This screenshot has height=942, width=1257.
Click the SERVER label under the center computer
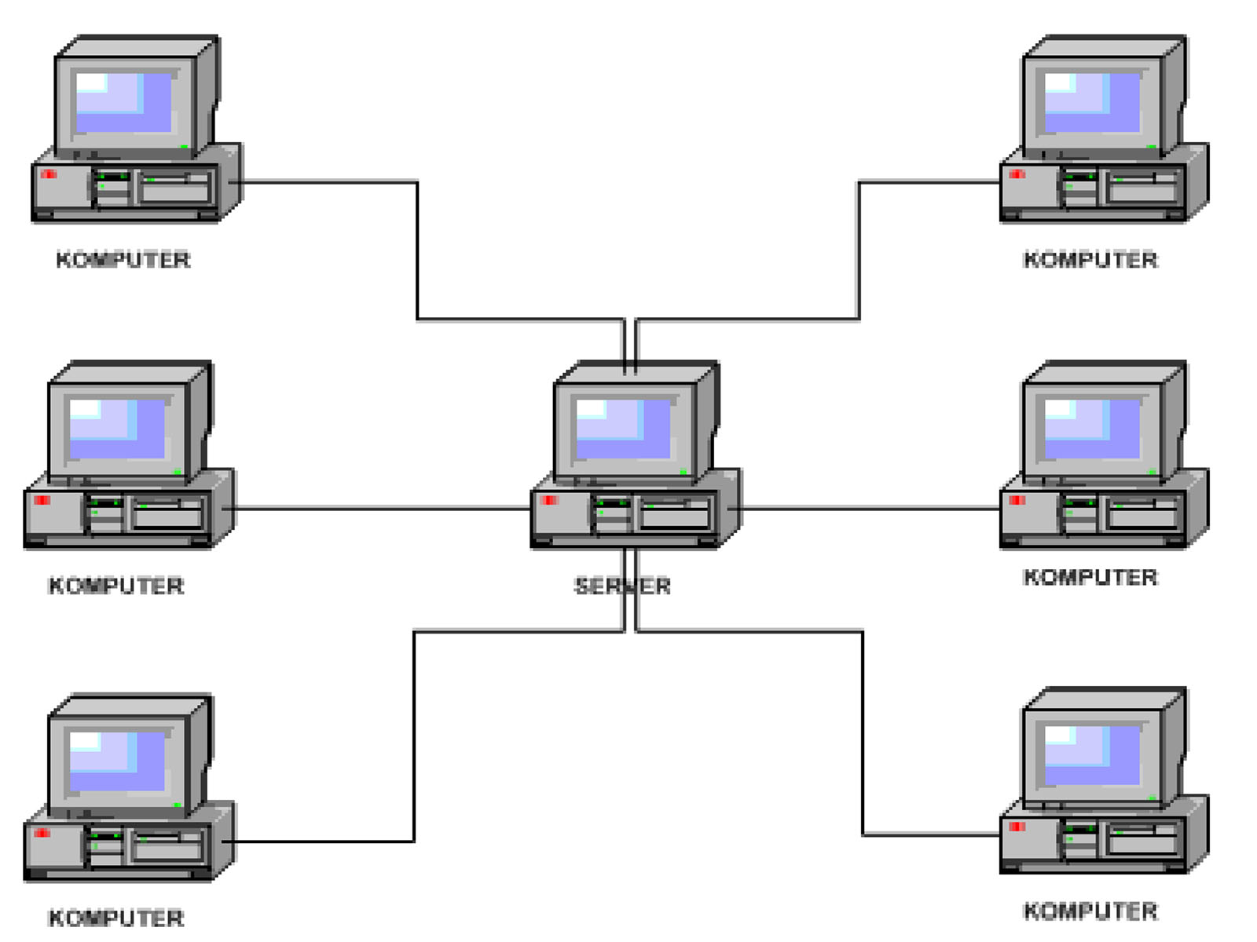(x=622, y=586)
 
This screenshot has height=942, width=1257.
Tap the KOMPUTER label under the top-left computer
(x=123, y=260)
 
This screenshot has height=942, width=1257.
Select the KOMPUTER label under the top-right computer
(x=1090, y=260)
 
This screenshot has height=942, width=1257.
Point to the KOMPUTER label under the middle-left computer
(x=116, y=585)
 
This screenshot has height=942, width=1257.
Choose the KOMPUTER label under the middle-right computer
(x=1090, y=577)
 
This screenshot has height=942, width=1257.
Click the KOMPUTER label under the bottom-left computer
(x=116, y=918)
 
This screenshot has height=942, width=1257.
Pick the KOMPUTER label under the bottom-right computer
(x=1090, y=911)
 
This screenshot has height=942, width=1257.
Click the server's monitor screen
(x=623, y=429)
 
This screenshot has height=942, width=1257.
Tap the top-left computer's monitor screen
(x=123, y=103)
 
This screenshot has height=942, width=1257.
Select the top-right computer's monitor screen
(x=1092, y=103)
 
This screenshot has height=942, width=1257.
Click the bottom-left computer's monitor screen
(x=117, y=761)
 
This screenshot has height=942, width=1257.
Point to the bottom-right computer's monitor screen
(x=1092, y=755)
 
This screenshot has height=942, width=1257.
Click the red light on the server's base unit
(x=548, y=500)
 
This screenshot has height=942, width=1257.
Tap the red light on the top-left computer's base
(x=49, y=173)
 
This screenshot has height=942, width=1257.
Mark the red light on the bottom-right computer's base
(x=1017, y=827)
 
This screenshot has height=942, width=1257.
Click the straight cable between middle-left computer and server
(x=376, y=507)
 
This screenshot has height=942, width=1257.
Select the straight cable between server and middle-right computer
(x=864, y=507)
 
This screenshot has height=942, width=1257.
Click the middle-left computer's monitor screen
(x=117, y=429)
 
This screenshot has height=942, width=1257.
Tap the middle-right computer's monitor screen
(x=1092, y=429)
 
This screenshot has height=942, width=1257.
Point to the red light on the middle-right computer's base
(x=1017, y=500)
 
